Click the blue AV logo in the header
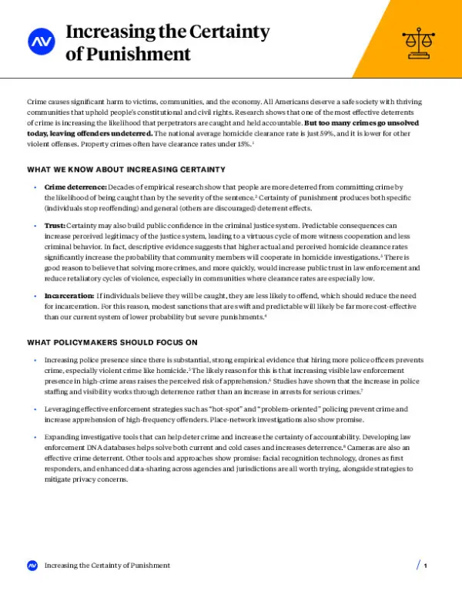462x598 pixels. click(x=39, y=42)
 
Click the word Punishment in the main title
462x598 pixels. click(x=138, y=54)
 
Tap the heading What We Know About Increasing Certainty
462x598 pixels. click(x=126, y=169)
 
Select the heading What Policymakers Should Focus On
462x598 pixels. click(x=112, y=341)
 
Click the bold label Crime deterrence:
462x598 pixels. click(x=75, y=187)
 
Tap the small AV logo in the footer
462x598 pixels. click(x=32, y=566)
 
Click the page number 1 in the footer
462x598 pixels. click(x=425, y=566)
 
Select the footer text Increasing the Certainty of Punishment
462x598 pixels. click(x=107, y=566)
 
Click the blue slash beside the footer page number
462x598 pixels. click(x=418, y=566)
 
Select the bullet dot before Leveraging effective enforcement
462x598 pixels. click(x=35, y=408)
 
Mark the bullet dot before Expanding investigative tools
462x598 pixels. click(x=35, y=436)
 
